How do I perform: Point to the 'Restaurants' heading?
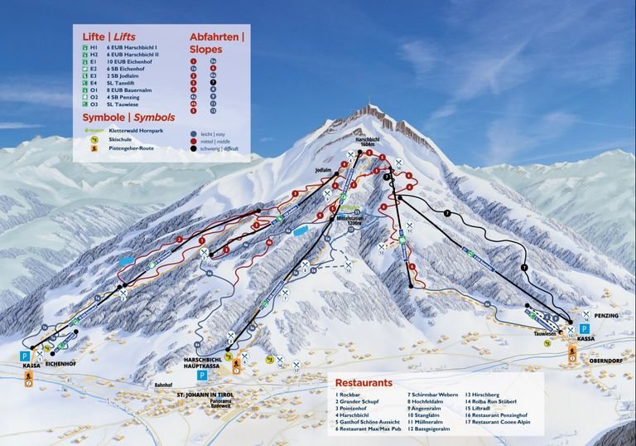364,383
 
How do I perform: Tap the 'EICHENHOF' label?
61,364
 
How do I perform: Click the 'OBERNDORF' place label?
607,361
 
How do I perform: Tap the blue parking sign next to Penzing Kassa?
585,328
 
